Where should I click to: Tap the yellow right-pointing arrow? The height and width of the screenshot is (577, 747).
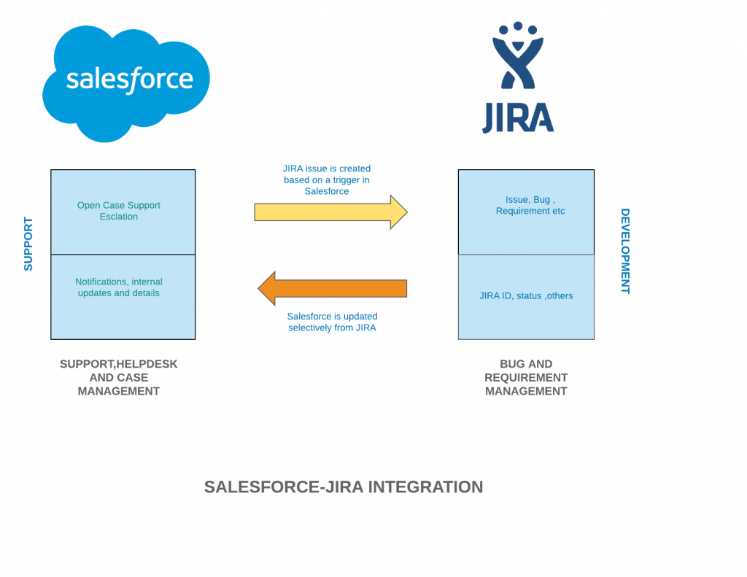(x=330, y=212)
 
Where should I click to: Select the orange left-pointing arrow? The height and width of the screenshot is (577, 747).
(x=332, y=288)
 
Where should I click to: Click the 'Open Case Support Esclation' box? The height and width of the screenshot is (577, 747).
(x=123, y=212)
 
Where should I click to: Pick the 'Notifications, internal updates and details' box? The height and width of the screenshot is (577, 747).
(x=123, y=297)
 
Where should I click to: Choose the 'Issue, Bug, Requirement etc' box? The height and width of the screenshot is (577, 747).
(x=526, y=212)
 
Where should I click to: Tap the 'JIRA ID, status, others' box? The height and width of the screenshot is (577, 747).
(x=526, y=297)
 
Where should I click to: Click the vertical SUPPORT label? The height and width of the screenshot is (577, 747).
(x=28, y=244)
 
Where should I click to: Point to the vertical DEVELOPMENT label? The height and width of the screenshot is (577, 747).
(x=625, y=251)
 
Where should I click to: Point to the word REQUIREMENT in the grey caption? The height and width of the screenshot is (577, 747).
(x=526, y=378)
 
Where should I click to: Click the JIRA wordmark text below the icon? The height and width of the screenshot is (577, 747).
(x=517, y=118)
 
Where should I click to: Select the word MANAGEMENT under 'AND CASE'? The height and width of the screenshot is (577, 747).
(x=119, y=391)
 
